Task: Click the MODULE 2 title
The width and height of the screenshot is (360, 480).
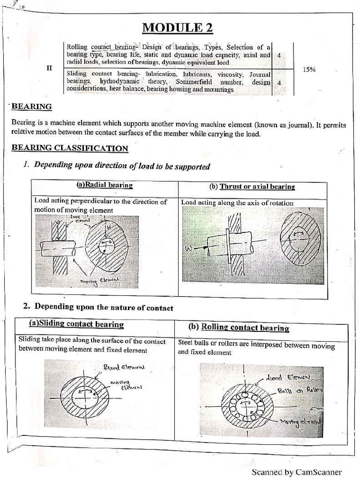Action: [x=177, y=28]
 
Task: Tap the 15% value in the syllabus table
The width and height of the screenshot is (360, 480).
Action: [x=309, y=69]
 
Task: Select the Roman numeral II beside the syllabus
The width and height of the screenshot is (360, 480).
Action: [x=49, y=68]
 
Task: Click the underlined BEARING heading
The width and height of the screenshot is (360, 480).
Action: [x=31, y=107]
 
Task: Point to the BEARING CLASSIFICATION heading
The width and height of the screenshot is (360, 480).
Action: [x=69, y=149]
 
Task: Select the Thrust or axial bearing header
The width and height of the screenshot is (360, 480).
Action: [x=257, y=187]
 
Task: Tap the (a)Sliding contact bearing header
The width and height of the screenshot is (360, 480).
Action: [x=76, y=324]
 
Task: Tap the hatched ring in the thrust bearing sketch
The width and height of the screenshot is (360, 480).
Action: [x=300, y=239]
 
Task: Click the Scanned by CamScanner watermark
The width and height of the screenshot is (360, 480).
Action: [x=296, y=472]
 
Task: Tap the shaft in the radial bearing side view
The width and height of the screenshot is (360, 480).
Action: [x=57, y=248]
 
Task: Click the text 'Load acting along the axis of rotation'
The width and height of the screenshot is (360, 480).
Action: [x=237, y=203]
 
